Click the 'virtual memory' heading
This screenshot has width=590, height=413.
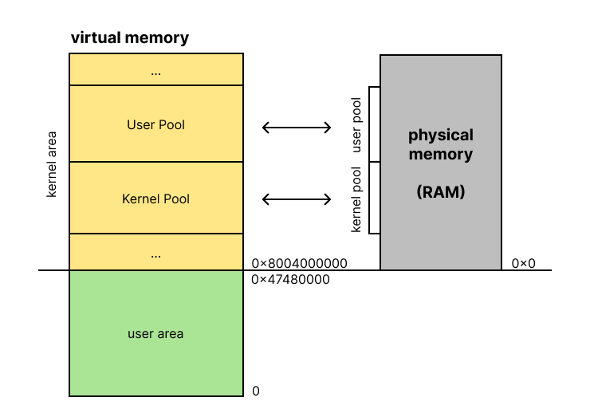[x=130, y=37]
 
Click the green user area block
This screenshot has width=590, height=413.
[x=156, y=333]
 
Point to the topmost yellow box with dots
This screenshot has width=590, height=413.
[x=156, y=69]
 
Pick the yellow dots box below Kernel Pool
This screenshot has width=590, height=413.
[x=156, y=253]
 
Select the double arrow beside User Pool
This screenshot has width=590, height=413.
[x=297, y=126]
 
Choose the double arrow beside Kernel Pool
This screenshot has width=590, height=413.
[x=297, y=199]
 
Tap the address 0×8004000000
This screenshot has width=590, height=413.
[x=300, y=263]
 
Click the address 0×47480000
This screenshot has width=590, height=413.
[x=290, y=280]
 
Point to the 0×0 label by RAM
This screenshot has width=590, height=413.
[x=524, y=263]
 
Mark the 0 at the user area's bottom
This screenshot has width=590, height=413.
[x=256, y=391]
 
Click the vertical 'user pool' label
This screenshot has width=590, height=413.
[x=356, y=125]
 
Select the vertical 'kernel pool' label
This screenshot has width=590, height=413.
[x=356, y=199]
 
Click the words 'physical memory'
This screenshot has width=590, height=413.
[x=441, y=144]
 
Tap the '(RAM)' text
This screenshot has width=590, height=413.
[x=441, y=192]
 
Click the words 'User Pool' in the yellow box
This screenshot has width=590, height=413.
[x=156, y=125]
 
